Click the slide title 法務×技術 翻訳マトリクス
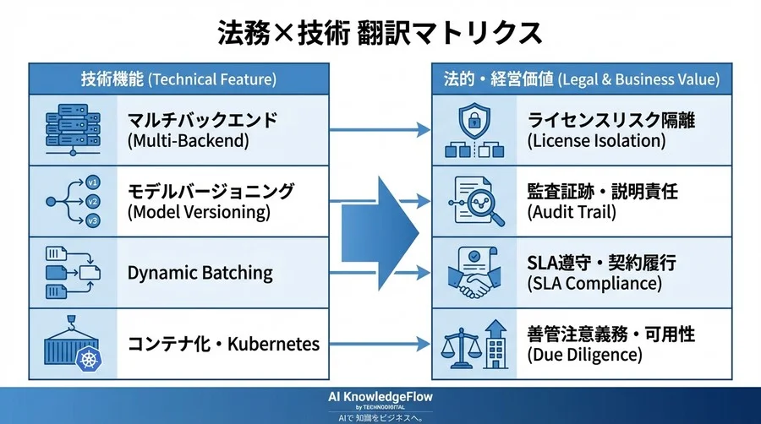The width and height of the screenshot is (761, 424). (380, 33)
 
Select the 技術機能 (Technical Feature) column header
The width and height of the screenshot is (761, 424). (178, 79)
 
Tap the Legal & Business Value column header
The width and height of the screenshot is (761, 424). (582, 79)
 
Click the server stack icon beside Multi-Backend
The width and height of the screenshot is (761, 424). (73, 130)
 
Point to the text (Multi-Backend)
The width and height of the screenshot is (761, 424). (189, 141)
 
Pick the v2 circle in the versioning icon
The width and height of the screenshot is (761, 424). (92, 201)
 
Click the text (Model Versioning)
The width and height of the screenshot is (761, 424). (199, 212)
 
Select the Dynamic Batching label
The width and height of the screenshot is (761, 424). (200, 273)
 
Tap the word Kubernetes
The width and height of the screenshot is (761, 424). (274, 344)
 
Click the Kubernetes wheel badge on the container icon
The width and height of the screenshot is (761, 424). (89, 359)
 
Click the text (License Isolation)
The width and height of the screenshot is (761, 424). (596, 141)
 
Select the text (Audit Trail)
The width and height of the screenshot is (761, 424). (572, 212)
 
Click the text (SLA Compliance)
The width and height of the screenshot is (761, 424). (594, 284)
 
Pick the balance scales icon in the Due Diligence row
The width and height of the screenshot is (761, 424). (460, 348)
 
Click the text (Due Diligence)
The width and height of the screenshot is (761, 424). (585, 355)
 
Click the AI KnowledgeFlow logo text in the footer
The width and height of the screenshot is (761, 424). (380, 397)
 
